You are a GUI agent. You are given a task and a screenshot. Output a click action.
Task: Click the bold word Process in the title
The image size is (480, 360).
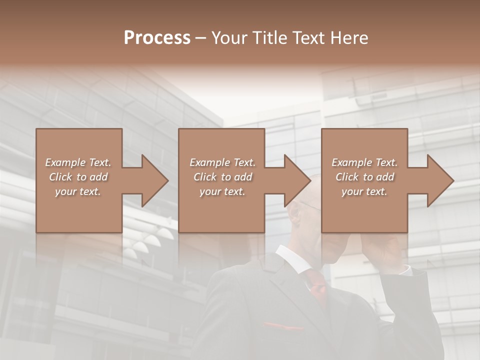point(157,38)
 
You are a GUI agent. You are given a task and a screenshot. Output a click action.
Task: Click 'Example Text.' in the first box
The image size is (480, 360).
point(78,162)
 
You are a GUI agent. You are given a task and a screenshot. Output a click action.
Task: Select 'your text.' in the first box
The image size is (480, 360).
point(78,191)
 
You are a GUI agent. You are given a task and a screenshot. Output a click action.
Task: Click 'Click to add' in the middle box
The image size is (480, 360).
point(222,177)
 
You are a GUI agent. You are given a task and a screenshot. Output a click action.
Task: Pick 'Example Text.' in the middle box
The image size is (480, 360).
point(222,162)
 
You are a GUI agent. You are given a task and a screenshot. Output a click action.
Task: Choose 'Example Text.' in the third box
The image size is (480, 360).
point(364,162)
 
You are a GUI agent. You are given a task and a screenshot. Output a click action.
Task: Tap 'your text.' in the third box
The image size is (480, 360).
point(364,191)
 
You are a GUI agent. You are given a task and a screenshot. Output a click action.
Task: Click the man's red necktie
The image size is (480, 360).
point(316,282)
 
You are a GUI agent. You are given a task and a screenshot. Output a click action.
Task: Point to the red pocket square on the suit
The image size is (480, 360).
point(282,326)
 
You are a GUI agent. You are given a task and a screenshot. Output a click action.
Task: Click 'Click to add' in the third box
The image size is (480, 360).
point(364,177)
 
